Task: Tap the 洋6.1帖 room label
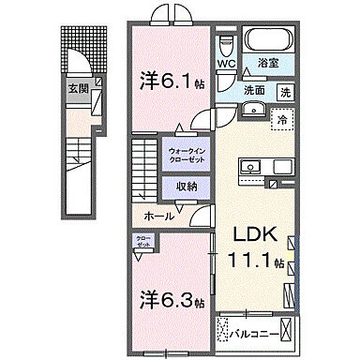pos(169,81)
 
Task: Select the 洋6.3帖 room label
pos(169,301)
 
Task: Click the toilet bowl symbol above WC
pos(225,46)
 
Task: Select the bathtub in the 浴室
pos(270,41)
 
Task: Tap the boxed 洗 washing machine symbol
pos(285,92)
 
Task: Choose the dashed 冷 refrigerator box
pos(278,119)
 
